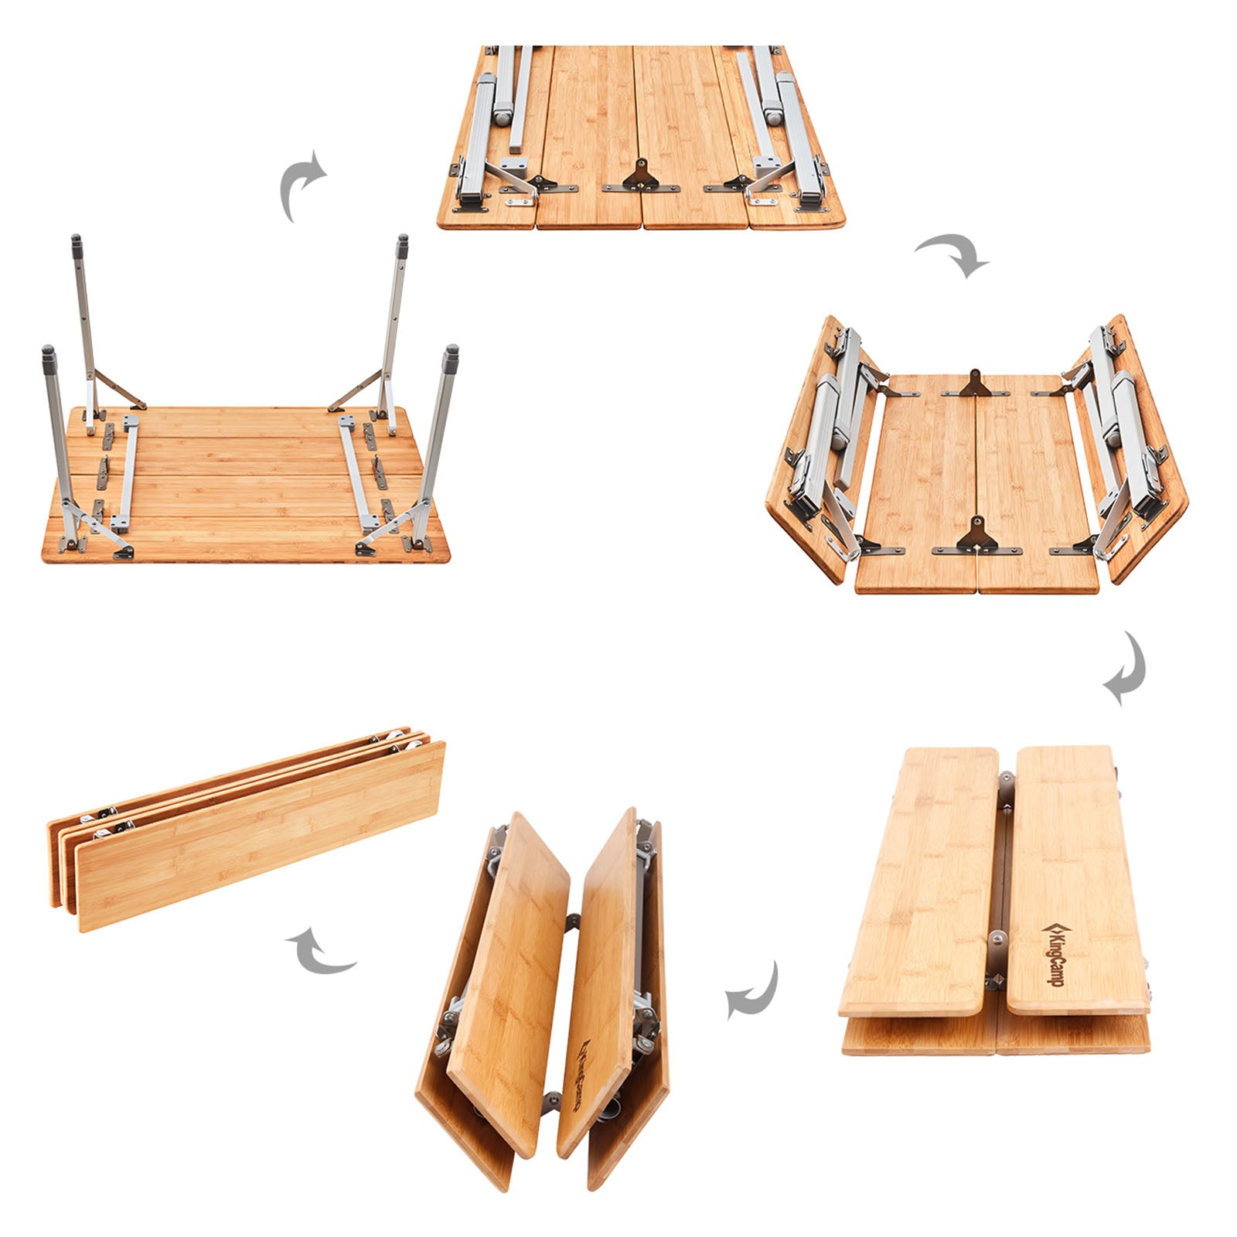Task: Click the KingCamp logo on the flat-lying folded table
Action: click(1051, 953)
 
